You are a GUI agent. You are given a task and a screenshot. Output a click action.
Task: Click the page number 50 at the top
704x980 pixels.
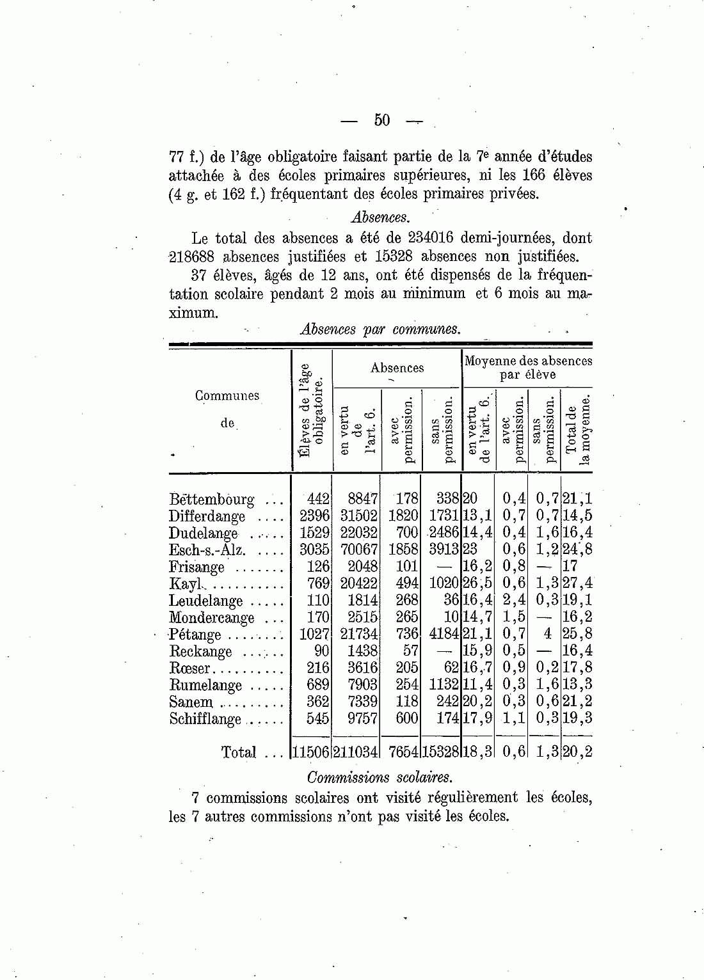pos(381,120)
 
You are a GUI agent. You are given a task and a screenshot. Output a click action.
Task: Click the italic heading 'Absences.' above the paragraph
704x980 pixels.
pos(381,217)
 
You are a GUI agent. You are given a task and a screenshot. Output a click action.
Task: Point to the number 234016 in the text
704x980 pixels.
pos(428,238)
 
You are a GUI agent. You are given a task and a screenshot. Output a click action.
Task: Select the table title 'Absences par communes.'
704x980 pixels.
pos(380,329)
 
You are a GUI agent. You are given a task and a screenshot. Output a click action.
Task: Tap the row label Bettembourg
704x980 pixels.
pos(211,499)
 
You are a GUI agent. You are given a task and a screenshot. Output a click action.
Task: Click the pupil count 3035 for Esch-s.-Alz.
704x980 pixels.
pos(314,549)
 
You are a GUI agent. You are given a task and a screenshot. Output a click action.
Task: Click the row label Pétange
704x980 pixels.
pos(195,635)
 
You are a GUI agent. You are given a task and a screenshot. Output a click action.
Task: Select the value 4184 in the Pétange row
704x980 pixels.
pos(442,635)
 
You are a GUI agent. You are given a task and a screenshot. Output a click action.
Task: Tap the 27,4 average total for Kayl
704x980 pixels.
pos(577,583)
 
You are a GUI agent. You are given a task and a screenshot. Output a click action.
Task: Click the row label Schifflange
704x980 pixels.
pos(205,719)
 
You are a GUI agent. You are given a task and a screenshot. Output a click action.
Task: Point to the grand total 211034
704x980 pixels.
pos(355,752)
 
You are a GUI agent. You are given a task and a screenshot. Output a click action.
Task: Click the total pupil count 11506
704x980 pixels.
pos(311,752)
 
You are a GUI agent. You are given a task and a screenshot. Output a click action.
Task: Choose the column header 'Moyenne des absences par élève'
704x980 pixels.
pos(528,368)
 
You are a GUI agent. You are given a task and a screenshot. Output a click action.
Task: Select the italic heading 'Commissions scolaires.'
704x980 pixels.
pos(380,778)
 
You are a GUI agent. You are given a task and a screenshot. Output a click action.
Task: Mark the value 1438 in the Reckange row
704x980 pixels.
pos(362,651)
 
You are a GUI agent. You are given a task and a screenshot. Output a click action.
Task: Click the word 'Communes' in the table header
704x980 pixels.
pos(227,396)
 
